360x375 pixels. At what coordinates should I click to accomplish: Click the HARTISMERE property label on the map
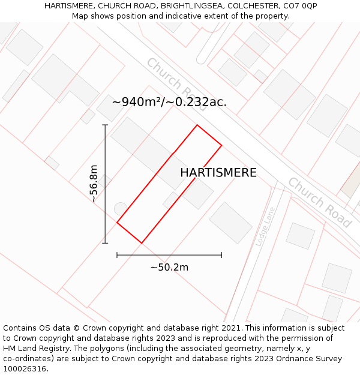pyautogui.click(x=218, y=173)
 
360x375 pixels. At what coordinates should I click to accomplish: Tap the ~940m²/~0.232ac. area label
pyautogui.click(x=169, y=102)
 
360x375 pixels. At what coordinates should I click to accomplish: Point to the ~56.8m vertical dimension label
pyautogui.click(x=94, y=184)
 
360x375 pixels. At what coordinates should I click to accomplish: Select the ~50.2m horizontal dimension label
pyautogui.click(x=169, y=268)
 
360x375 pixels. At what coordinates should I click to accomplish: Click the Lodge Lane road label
pyautogui.click(x=265, y=226)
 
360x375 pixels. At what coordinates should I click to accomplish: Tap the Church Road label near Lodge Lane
pyautogui.click(x=319, y=202)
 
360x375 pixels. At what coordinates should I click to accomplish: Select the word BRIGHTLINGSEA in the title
pyautogui.click(x=192, y=5)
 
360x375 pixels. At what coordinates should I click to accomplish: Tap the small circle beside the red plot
pyautogui.click(x=121, y=208)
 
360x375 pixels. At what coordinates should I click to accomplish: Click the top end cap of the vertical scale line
pyautogui.click(x=105, y=125)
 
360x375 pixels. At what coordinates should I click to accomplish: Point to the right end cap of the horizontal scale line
pyautogui.click(x=221, y=255)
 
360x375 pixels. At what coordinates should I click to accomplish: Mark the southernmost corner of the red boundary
pyautogui.click(x=142, y=243)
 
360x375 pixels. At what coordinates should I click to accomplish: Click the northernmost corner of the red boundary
pyautogui.click(x=197, y=125)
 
